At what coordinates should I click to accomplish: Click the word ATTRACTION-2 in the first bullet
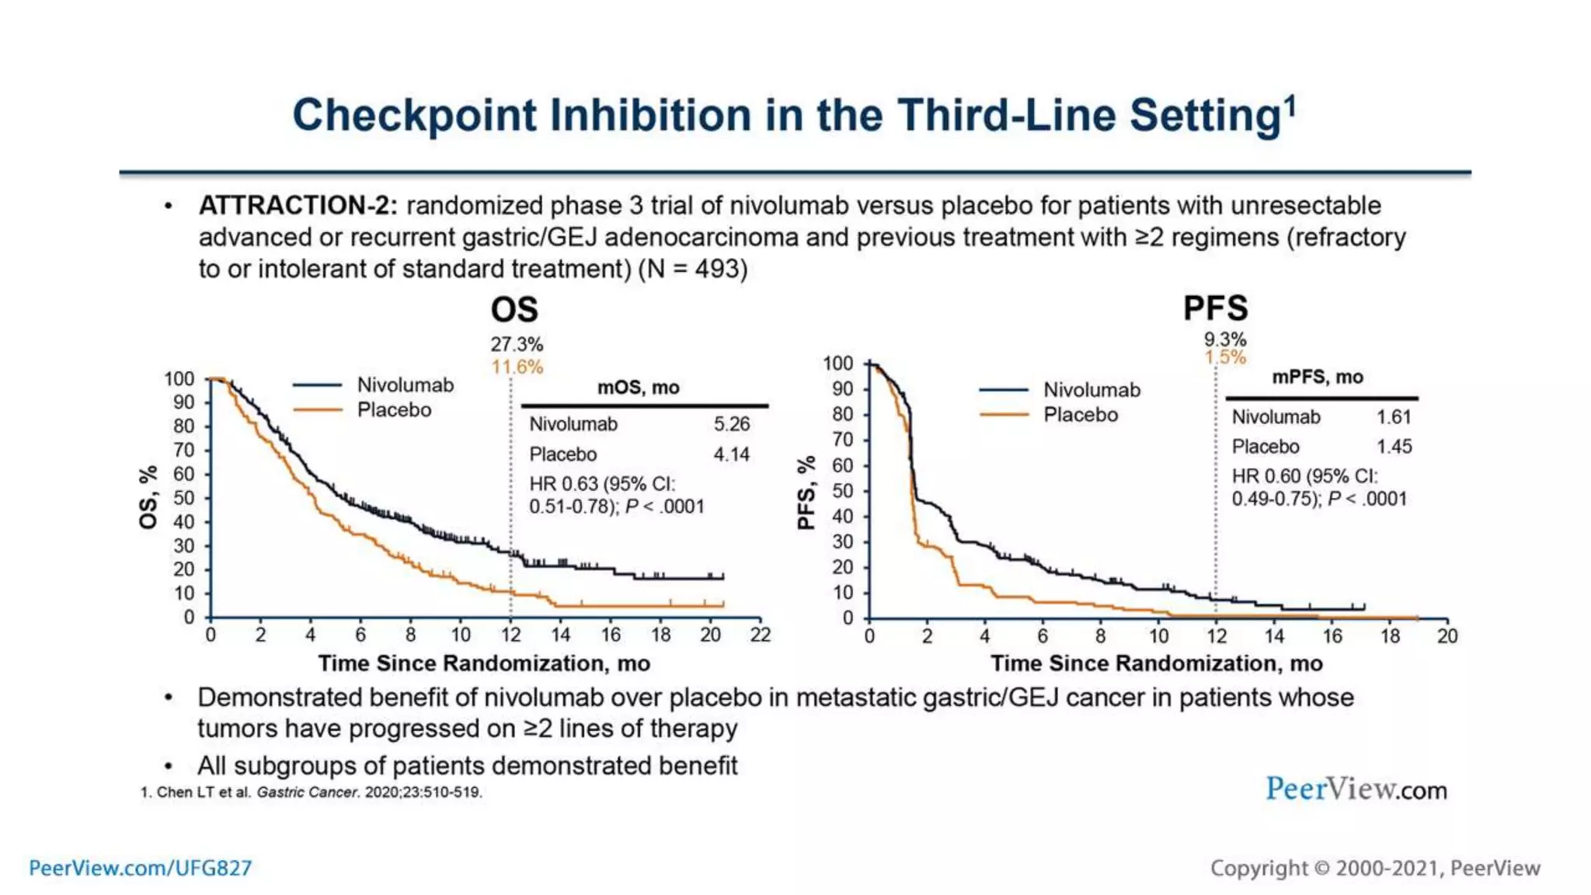[298, 206]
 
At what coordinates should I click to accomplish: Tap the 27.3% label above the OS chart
[517, 344]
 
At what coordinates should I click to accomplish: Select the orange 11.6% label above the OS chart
[517, 367]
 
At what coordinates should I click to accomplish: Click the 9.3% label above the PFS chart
[1225, 340]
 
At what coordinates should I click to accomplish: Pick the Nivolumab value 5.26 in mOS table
[732, 424]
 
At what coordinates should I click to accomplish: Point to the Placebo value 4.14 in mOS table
[732, 454]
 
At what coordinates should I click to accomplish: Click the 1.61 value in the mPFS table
[1394, 417]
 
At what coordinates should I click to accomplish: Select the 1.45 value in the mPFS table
[1394, 447]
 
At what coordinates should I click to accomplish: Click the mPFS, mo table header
[1318, 378]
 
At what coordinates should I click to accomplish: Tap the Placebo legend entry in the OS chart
[394, 410]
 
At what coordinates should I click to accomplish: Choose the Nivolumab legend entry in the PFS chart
[1091, 390]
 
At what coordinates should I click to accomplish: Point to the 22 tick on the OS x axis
[761, 636]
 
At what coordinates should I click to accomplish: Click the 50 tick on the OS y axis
[183, 498]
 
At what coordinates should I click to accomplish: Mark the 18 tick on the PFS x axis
[1390, 636]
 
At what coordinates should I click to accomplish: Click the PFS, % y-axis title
[806, 493]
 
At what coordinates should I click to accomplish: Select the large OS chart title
[514, 310]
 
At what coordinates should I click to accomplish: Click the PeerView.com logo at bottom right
[1356, 789]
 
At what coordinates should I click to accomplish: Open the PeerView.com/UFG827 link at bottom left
[141, 868]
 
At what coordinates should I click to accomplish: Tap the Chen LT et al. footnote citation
[311, 792]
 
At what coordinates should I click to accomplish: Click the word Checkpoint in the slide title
[414, 116]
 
